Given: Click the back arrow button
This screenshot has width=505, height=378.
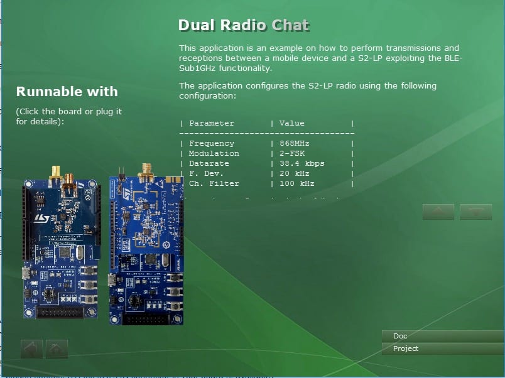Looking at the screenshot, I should [x=31, y=348].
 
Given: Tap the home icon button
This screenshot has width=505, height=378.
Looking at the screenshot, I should [x=57, y=348].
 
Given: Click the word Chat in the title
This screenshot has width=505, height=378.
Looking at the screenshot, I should [x=290, y=26].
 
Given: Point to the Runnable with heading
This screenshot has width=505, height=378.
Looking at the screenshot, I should [x=67, y=92].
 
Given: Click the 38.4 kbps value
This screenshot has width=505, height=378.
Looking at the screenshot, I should [x=301, y=163].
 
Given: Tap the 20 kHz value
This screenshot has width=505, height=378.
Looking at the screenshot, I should [x=295, y=173].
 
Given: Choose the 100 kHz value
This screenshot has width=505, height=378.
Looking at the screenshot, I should [x=297, y=183].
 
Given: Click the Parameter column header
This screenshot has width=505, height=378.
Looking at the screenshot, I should [x=212, y=123].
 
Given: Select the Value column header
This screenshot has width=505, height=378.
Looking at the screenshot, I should [x=291, y=123].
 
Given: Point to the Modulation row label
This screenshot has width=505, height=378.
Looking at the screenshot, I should [x=214, y=153].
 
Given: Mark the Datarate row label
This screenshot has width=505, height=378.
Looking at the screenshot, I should [x=209, y=163].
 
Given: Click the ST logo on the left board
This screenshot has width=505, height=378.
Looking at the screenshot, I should [x=41, y=219].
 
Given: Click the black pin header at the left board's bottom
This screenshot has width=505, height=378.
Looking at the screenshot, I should [x=60, y=312].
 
